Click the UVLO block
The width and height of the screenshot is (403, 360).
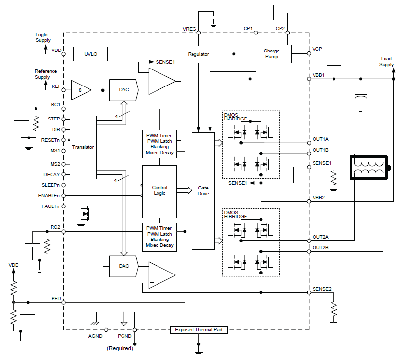tap(91, 54)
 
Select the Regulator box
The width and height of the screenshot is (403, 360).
tap(198, 54)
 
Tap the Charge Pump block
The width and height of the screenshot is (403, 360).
tap(272, 54)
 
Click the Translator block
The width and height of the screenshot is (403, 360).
tap(83, 147)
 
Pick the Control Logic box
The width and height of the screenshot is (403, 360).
tap(159, 190)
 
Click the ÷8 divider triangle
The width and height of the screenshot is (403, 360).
tap(80, 90)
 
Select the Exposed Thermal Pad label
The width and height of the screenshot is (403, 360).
tap(198, 330)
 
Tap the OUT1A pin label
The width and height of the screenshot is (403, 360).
tap(320, 139)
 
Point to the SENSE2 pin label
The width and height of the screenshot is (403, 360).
tap(322, 289)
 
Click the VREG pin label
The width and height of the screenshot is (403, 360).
tap(190, 29)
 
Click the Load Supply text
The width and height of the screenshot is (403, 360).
tap(387, 62)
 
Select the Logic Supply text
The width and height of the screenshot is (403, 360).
tap(43, 38)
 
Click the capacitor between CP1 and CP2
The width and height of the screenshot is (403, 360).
tap(271, 9)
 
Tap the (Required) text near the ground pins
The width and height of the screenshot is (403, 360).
tap(120, 348)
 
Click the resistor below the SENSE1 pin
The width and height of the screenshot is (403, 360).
tap(333, 179)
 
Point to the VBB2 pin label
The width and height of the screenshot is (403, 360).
tap(318, 198)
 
